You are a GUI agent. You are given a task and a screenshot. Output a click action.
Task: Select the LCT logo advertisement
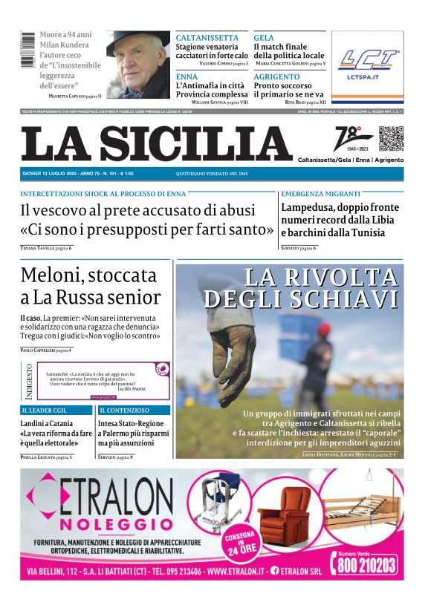coord(369,65)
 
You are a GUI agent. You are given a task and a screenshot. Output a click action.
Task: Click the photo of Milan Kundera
coord(137,65)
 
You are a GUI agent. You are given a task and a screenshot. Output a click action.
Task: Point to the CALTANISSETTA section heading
coord(207,38)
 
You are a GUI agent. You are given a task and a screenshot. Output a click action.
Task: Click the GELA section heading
coord(264,38)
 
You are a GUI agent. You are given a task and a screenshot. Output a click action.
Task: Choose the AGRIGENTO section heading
coord(276,76)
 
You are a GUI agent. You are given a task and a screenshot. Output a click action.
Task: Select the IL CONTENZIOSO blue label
coord(124,410)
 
